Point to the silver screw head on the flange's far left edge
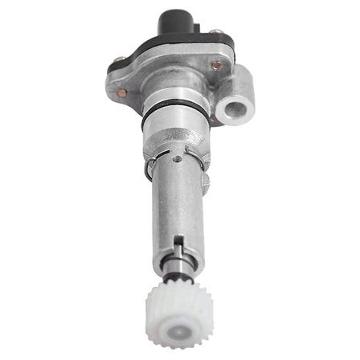121,58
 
